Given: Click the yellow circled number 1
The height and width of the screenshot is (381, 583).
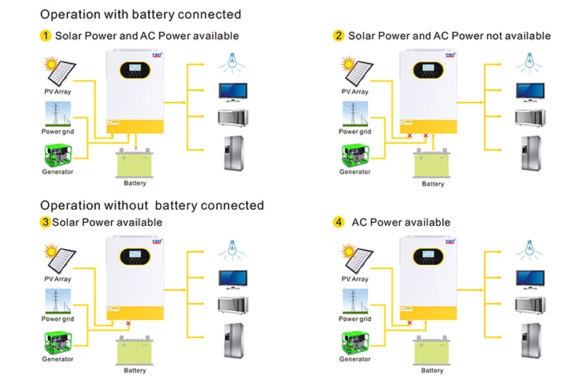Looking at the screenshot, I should pos(45,35).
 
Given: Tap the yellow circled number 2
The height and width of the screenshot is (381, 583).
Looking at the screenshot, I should pos(338,35).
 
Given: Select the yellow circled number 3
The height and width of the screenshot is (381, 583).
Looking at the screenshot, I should pos(45,221).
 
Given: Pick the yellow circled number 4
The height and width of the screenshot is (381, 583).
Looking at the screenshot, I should pos(339,221).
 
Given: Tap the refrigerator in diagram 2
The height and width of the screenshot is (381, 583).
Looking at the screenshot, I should pos(528,153).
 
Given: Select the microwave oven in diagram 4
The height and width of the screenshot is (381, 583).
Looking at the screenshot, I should pos(528,305).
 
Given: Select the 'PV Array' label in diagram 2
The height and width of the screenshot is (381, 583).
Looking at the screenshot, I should pos(355,92).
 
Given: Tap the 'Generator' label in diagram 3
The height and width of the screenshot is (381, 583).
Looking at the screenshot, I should pos(58,359).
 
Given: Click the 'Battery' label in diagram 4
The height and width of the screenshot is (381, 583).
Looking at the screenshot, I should pos(433,370).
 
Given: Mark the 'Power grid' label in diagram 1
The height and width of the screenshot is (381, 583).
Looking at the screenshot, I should pos(58,132).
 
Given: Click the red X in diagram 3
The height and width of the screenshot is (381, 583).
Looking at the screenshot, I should pos(128,323).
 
